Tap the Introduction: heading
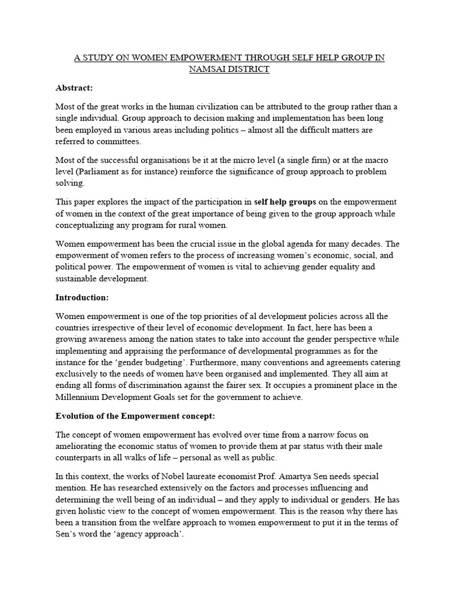coord(81,297)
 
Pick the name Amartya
coord(317,477)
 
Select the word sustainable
coord(79,278)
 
